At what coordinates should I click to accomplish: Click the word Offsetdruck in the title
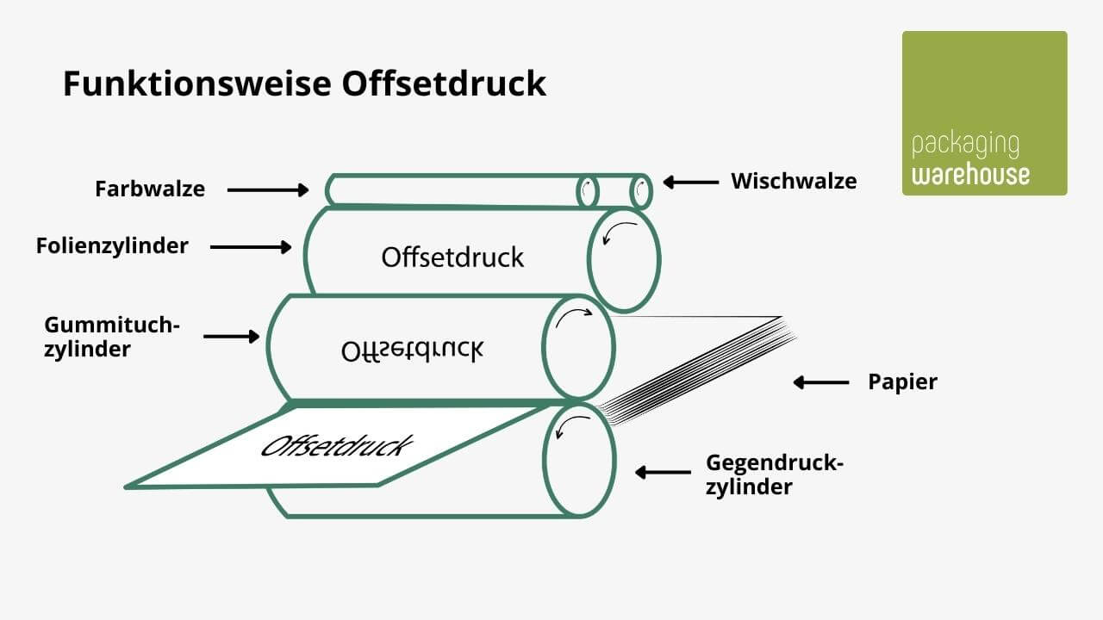(x=444, y=84)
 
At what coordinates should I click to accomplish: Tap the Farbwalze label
(x=150, y=189)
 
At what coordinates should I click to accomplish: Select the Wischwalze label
(x=794, y=181)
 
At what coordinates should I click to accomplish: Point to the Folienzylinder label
(x=112, y=246)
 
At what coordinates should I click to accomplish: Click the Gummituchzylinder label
(x=111, y=337)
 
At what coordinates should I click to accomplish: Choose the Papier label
(x=902, y=381)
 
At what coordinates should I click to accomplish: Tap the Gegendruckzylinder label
(x=774, y=474)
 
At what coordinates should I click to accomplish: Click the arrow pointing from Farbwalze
(x=268, y=189)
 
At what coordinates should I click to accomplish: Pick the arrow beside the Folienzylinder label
(x=251, y=247)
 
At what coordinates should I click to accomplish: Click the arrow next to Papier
(x=820, y=381)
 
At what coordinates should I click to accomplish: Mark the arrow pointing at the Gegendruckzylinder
(x=663, y=472)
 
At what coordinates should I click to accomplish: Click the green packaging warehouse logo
(x=984, y=113)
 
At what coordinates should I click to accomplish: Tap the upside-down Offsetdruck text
(x=412, y=349)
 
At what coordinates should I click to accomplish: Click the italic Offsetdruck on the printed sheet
(x=337, y=446)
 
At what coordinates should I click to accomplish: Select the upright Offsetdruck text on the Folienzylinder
(x=452, y=257)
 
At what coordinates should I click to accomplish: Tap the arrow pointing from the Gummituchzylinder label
(x=231, y=336)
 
